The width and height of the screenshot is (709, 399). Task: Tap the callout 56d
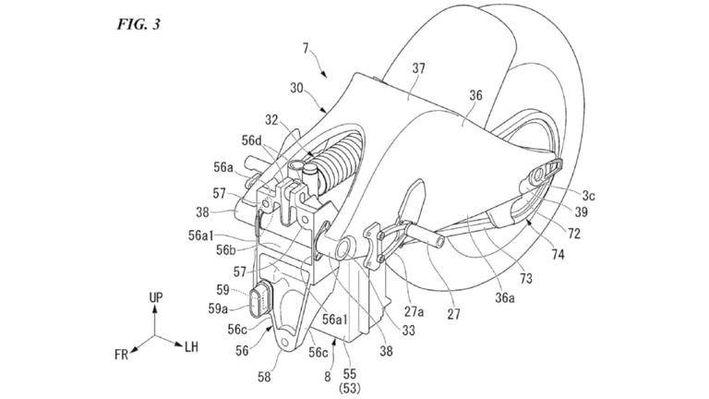(x=252, y=141)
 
